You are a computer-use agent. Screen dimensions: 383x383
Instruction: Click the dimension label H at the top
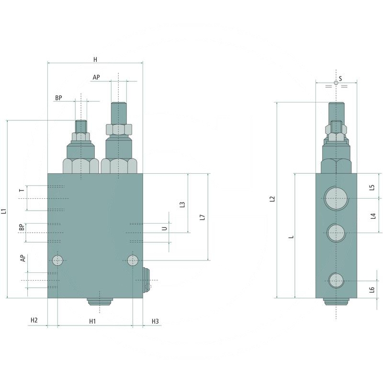pyautogui.click(x=95, y=59)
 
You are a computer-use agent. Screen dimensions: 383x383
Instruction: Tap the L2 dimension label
pyautogui.click(x=272, y=199)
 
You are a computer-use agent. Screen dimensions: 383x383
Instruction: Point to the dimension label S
pyautogui.click(x=340, y=78)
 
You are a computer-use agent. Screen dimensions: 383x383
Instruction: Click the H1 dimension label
pyautogui.click(x=93, y=321)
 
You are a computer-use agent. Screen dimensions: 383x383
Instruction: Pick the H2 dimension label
pyautogui.click(x=34, y=320)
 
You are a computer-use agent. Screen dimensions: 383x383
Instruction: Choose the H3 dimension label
pyautogui.click(x=155, y=321)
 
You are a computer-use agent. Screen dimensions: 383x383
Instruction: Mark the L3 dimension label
pyautogui.click(x=182, y=204)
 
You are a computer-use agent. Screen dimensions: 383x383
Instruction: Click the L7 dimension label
pyautogui.click(x=203, y=216)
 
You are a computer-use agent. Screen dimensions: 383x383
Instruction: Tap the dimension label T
pyautogui.click(x=21, y=190)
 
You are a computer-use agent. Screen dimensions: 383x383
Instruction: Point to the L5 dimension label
pyautogui.click(x=372, y=187)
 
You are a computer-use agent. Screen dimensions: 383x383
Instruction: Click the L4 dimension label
pyautogui.click(x=372, y=216)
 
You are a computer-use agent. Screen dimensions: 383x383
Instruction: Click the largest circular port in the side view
pyautogui.click(x=336, y=198)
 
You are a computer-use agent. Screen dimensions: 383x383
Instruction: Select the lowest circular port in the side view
pyautogui.click(x=336, y=281)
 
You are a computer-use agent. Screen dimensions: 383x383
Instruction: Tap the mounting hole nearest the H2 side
pyautogui.click(x=58, y=260)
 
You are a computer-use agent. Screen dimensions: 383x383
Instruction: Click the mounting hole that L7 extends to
pyautogui.click(x=133, y=260)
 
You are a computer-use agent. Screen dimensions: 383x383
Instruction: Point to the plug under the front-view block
pyautogui.click(x=100, y=302)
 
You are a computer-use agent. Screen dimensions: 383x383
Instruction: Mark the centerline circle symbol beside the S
pyautogui.click(x=336, y=83)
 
